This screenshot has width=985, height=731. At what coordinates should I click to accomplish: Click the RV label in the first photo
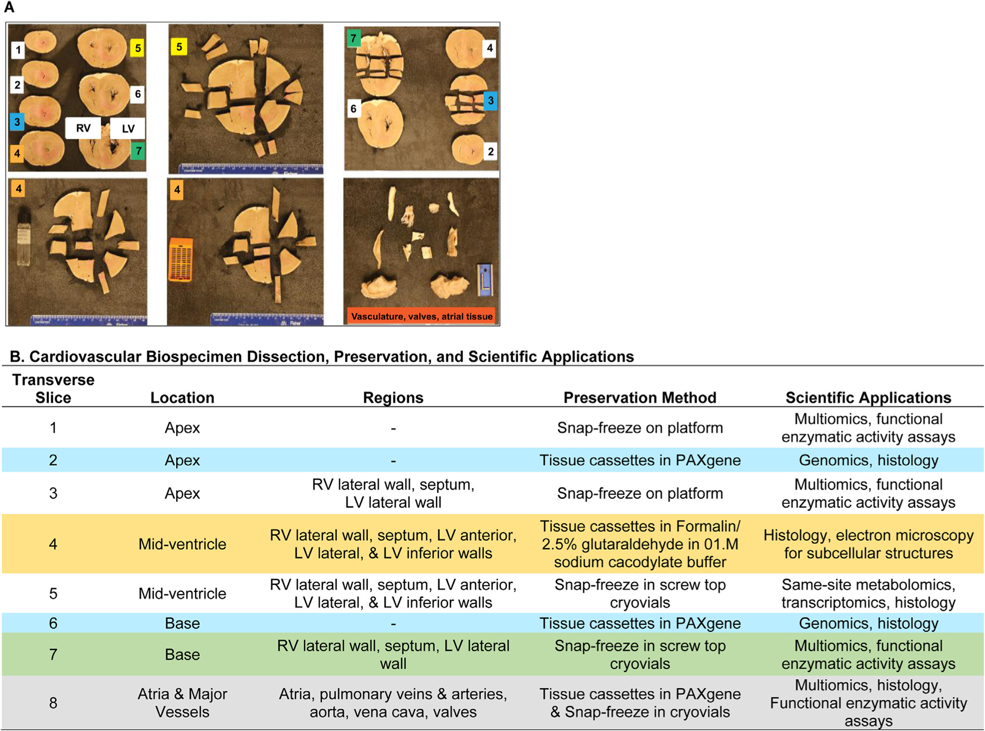coord(83,128)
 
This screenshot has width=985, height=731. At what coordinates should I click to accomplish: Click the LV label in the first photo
coord(128,129)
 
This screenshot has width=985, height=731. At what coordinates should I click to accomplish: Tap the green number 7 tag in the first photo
coord(138,151)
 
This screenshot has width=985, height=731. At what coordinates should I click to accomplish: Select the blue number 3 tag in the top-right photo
coord(490,101)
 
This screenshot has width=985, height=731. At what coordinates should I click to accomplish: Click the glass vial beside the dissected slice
coord(24,239)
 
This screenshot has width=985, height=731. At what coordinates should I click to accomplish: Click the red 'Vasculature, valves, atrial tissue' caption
coord(421,316)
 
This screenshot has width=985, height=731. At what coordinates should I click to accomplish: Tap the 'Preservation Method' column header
coord(640,398)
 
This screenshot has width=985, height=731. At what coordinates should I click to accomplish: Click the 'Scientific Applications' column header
coord(868,398)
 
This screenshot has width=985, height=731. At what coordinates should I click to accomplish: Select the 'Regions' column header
coord(393,398)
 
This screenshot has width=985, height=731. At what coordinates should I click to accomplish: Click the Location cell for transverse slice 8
coord(182,703)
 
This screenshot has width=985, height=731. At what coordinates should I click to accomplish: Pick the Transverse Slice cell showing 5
coord(53,594)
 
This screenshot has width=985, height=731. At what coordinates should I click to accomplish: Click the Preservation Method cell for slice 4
coord(640,544)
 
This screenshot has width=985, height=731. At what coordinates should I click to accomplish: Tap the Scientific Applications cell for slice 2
coord(868,460)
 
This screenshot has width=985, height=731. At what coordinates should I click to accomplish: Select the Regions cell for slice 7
coord(393,654)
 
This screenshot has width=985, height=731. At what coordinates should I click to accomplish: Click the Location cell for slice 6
coord(182,623)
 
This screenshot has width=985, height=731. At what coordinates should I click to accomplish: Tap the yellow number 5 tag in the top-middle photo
coord(179,47)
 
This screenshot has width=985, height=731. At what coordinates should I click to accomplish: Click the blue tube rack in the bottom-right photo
coord(485,280)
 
